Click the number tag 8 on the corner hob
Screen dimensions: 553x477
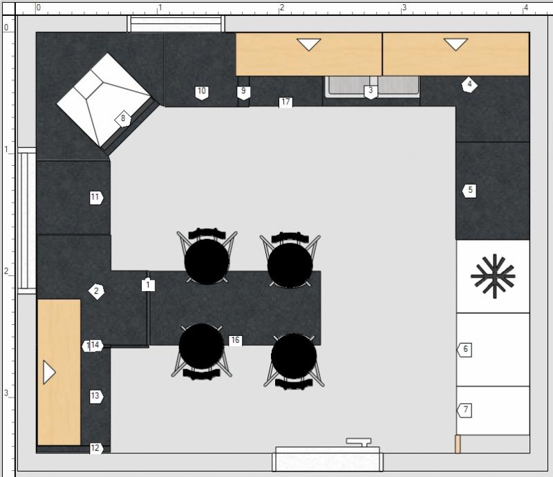pos(123,118)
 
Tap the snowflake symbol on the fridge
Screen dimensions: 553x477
pos(493,276)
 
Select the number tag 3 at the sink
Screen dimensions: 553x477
pos(371,91)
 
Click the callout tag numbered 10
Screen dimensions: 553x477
pos(202,92)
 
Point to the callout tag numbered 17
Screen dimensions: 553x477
pos(285,102)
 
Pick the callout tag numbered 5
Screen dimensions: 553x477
pos(469,191)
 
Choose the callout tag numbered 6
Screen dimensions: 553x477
pos(464,350)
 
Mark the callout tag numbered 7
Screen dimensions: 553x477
pos(465,410)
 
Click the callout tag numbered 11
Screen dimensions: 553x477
pos(96,198)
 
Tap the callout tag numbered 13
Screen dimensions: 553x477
pos(96,396)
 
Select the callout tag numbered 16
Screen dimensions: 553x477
pos(235,340)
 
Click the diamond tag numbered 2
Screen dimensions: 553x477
pos(96,292)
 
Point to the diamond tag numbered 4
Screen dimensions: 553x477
pos(469,84)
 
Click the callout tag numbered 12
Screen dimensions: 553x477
pos(96,449)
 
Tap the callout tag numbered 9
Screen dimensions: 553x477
pos(243,92)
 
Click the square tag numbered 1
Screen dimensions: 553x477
pos(148,284)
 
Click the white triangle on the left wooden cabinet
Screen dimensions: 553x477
pos(49,372)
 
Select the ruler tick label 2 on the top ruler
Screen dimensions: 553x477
pos(282,8)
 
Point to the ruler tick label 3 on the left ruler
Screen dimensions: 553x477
pos(6,393)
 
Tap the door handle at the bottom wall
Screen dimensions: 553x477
pos(359,442)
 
